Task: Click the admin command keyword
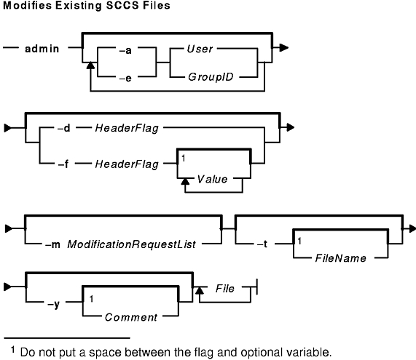point(42,49)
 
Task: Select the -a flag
point(125,50)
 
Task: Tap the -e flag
point(125,79)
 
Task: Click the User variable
point(200,49)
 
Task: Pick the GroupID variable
point(211,77)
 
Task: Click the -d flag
point(63,128)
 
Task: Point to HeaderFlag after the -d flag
point(127,128)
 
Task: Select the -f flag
point(63,164)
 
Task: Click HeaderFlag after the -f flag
point(127,164)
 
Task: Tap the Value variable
point(212,180)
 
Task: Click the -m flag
point(52,244)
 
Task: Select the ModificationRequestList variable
point(132,244)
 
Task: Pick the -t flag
point(262,244)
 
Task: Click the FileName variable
point(341,258)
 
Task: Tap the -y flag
point(53,304)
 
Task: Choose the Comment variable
point(131,317)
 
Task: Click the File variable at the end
point(225,289)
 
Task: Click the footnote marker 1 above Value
point(184,159)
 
